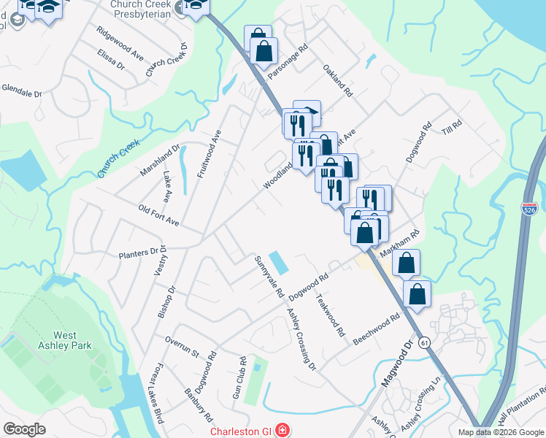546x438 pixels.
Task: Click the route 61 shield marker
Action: point(424,342)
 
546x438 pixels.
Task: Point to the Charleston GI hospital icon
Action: point(282,431)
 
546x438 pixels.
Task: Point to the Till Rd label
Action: point(453,126)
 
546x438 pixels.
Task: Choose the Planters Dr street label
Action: point(139,253)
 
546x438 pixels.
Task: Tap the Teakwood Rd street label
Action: point(329,315)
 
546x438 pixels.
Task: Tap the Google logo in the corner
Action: point(25,429)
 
